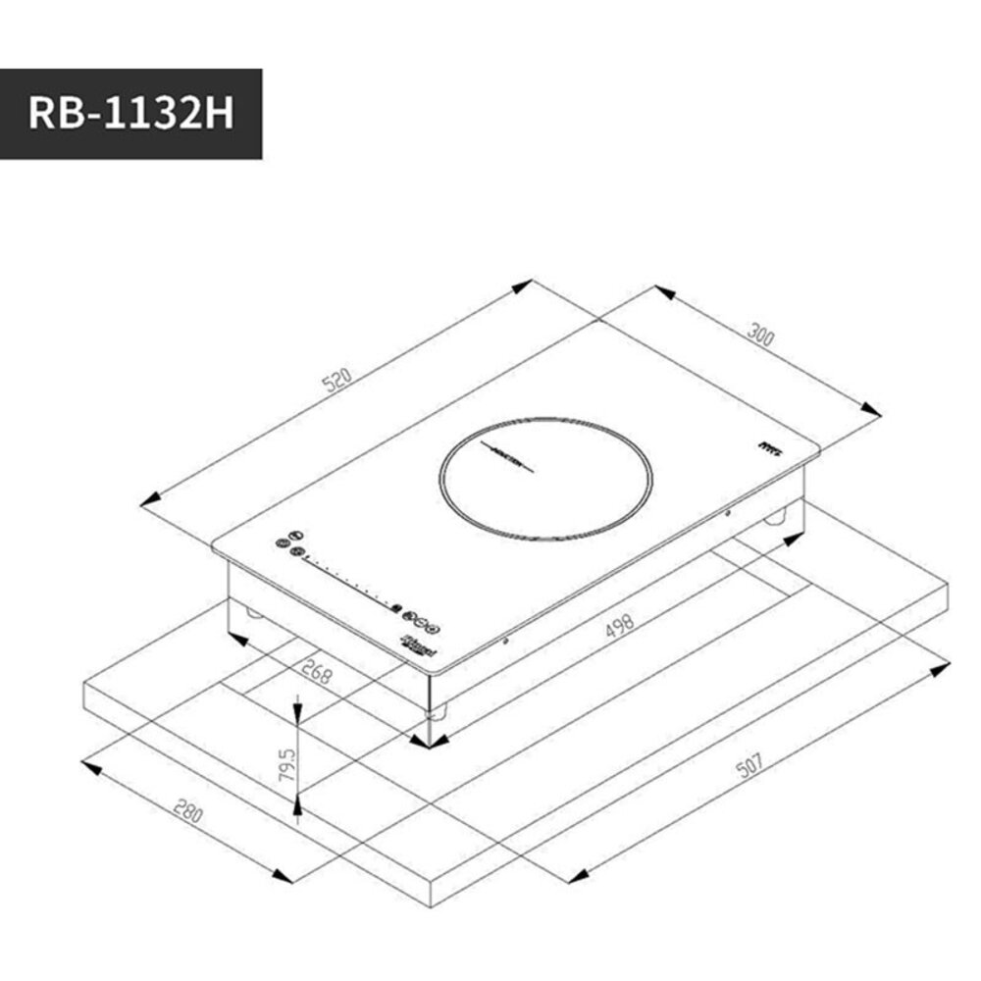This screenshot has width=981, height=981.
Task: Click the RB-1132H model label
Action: coord(130,114)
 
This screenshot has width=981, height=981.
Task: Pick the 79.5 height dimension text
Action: coord(286,764)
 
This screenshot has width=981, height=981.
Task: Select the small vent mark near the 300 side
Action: coord(769,446)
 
